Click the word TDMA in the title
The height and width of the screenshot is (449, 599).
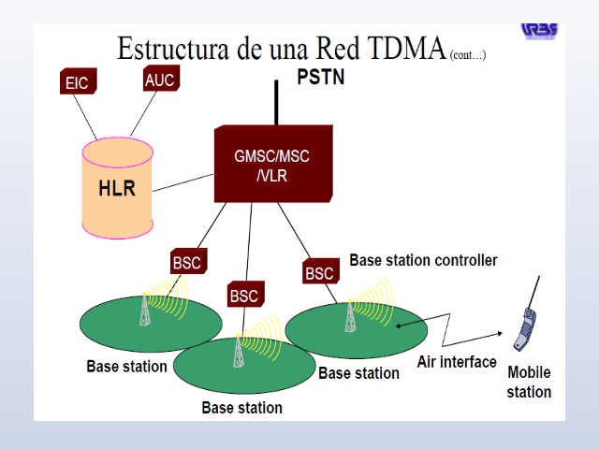coord(397,50)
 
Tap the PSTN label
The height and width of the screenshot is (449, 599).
coord(320,77)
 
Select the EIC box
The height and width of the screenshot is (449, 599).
coord(77,82)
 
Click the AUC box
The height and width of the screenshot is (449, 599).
coord(159,80)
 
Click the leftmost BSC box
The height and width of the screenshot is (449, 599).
coord(187,262)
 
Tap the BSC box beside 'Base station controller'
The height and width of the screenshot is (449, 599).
coord(319,272)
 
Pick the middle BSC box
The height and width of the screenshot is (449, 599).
coord(243,296)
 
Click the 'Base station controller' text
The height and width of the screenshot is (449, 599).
coord(423,260)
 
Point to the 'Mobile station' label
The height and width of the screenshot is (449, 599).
coord(529,383)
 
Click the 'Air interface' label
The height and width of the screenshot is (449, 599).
coord(456,362)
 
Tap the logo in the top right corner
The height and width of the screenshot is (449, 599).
coord(540,30)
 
